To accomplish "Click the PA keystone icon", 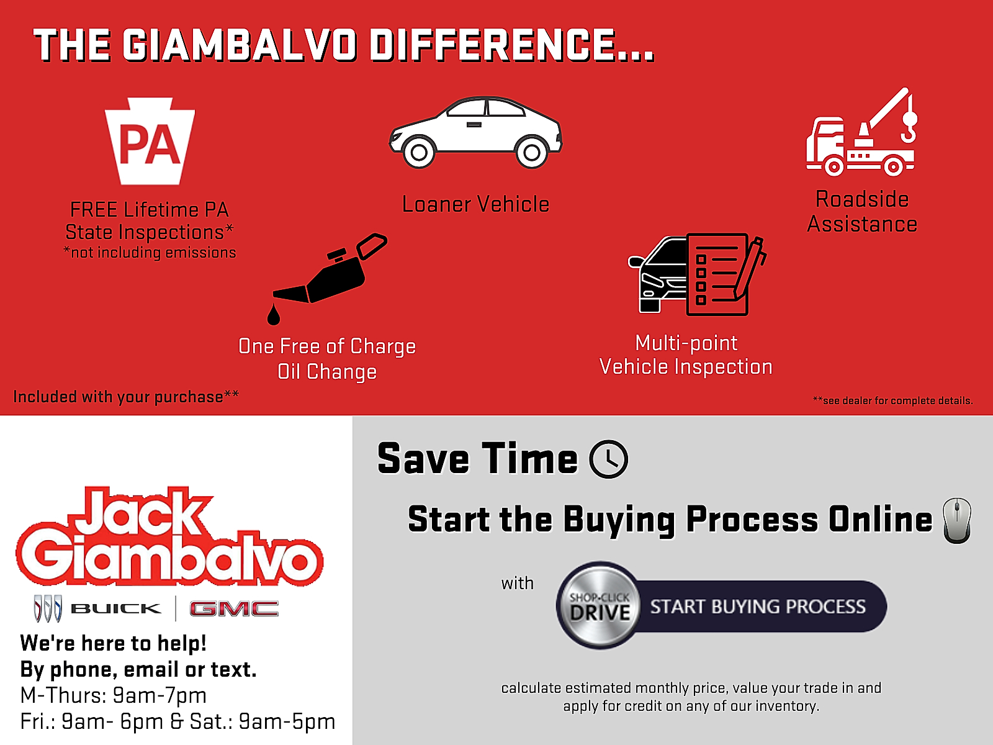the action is coord(150,141).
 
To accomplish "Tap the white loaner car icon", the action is coord(475,132).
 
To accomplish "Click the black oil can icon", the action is coord(330,268).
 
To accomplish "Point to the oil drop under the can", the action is coord(274,314).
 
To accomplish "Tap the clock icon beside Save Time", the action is coord(608,459).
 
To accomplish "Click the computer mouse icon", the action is coord(957,521).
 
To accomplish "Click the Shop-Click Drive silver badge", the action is coord(599,606).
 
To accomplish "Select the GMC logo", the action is coord(234,609).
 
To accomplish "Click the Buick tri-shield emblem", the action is coord(48,608).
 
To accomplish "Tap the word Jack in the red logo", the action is coord(140,513).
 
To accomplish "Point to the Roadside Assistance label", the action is coord(862,212).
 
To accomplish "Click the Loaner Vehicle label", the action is coord(476,204).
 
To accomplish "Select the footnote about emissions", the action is coord(150,253).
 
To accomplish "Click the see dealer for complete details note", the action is coord(892,400).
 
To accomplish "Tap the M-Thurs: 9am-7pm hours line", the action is coord(114,696).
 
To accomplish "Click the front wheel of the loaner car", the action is coord(419,153).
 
